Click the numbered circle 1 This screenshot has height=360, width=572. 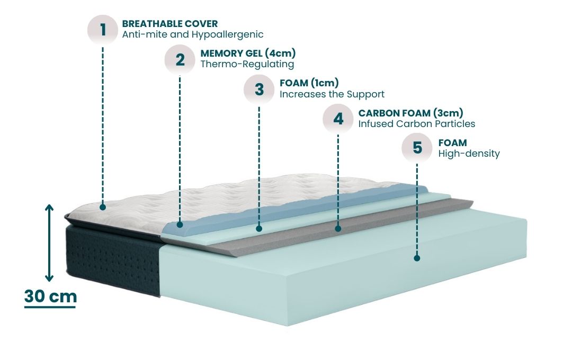click(x=102, y=29)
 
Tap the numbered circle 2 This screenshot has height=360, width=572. click(x=181, y=59)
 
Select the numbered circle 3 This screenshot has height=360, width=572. click(x=259, y=89)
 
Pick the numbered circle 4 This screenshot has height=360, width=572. click(x=338, y=118)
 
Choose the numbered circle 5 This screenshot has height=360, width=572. click(x=417, y=148)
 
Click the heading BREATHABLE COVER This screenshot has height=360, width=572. click(x=169, y=24)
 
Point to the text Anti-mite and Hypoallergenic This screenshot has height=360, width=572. click(x=192, y=34)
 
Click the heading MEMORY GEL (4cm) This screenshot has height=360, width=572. click(x=248, y=53)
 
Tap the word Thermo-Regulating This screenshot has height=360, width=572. click(x=247, y=64)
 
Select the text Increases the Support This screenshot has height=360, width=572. click(x=332, y=94)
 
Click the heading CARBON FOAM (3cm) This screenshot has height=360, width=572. click(x=411, y=113)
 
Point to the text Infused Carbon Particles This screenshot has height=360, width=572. click(x=417, y=124)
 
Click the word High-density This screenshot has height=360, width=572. click(x=469, y=154)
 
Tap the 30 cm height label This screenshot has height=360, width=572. click(x=50, y=296)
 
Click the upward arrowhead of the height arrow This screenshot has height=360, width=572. click(x=49, y=208)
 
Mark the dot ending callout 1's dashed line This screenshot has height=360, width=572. click(x=102, y=207)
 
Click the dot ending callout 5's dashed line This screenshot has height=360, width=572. click(x=417, y=258)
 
